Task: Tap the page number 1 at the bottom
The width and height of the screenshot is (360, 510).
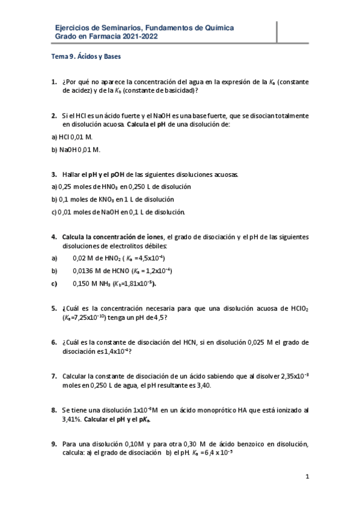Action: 307,478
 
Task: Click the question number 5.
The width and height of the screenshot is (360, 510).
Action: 53,309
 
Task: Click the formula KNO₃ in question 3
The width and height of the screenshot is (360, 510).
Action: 108,199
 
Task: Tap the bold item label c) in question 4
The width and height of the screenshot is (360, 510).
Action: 53,283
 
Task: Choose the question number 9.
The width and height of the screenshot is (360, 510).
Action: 53,444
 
